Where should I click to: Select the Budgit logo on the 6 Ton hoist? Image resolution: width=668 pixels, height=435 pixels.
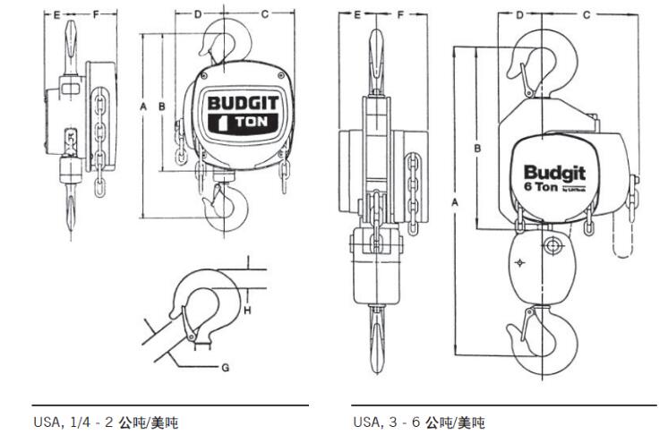click(x=553, y=172)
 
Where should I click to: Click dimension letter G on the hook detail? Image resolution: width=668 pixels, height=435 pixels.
click(x=226, y=368)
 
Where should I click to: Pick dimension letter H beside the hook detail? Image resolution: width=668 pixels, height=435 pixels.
click(x=246, y=310)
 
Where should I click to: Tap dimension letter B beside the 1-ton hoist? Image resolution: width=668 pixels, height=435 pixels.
click(x=161, y=107)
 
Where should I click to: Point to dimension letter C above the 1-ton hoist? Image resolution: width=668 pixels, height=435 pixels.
click(x=265, y=14)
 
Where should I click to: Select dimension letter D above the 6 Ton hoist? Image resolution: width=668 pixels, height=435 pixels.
click(x=519, y=14)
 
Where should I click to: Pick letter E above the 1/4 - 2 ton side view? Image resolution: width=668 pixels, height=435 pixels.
click(x=56, y=14)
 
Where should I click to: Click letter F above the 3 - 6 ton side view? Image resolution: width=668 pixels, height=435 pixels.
click(x=400, y=14)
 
